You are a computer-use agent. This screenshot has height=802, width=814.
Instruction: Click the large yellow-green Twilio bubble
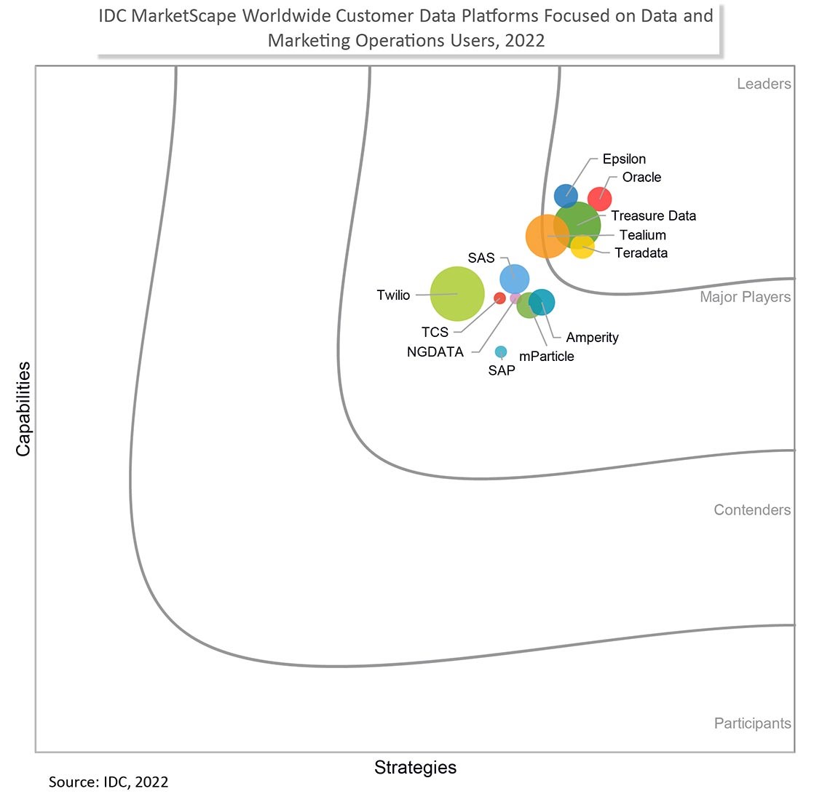click(457, 293)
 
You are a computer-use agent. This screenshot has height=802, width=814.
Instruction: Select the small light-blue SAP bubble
click(500, 352)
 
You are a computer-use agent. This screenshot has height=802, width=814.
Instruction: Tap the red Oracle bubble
click(600, 199)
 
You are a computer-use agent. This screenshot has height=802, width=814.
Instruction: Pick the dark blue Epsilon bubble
click(566, 196)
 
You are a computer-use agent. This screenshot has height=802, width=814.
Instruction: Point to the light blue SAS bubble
click(515, 279)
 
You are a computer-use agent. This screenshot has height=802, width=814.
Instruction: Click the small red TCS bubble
click(499, 298)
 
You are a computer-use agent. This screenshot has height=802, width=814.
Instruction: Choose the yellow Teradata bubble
click(582, 247)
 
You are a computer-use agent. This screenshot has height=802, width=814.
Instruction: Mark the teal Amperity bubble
click(542, 302)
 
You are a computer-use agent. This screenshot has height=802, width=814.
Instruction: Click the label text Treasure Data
click(653, 216)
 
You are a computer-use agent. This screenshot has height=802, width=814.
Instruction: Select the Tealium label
click(643, 235)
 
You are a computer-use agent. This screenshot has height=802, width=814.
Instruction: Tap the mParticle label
click(547, 357)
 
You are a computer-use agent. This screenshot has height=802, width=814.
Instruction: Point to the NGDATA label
click(435, 352)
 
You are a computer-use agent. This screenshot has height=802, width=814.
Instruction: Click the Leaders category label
click(764, 84)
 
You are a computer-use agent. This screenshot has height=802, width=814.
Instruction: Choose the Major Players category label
click(745, 297)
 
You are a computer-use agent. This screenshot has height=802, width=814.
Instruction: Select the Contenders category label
click(752, 510)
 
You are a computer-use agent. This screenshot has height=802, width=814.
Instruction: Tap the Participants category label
click(752, 723)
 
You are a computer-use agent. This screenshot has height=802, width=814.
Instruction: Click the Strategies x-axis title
click(415, 767)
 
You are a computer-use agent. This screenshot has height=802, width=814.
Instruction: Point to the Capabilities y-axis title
click(23, 409)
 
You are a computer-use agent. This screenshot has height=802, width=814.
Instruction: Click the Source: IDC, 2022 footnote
click(108, 782)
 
